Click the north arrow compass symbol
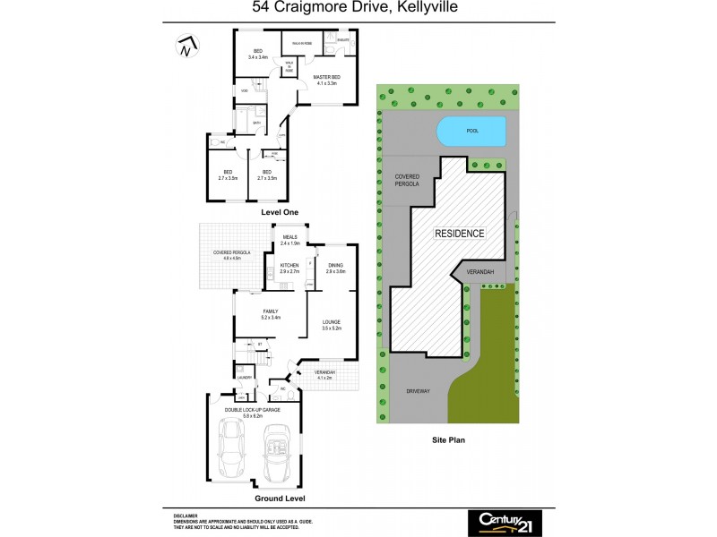pyautogui.click(x=186, y=46)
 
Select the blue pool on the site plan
pyautogui.click(x=471, y=132)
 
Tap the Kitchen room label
pyautogui.click(x=289, y=268)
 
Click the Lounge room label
pyautogui.click(x=332, y=324)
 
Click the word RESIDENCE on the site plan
pyautogui.click(x=459, y=233)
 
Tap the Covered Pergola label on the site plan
pyautogui.click(x=408, y=183)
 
